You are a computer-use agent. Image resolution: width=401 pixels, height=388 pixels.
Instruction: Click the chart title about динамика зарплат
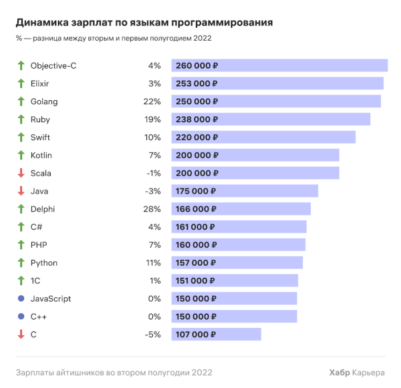pos(144,23)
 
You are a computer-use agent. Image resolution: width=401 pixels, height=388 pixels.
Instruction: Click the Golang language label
pos(44,102)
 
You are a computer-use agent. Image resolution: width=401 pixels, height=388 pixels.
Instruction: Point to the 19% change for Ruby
pos(153,120)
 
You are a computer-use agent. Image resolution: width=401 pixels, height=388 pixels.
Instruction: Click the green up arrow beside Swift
pos(21,138)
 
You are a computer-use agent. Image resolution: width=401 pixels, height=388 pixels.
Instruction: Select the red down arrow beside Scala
pos(21,173)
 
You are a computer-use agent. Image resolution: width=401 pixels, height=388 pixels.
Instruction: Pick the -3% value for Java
pos(153,191)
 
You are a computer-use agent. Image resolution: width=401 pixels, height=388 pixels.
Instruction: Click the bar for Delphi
pos(241,209)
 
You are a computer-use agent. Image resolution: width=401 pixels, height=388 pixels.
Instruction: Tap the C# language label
pos(37,227)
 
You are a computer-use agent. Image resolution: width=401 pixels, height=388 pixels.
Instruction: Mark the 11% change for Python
pos(154,263)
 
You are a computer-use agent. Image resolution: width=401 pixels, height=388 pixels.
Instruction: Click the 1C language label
pos(36,281)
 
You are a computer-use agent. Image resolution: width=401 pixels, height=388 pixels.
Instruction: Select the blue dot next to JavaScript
pos(21,299)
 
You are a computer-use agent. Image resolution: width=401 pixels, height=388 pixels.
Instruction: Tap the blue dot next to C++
pos(21,317)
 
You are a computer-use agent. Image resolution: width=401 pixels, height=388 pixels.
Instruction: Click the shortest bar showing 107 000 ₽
pos(216,335)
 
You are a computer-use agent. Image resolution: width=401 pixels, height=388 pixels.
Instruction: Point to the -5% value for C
pos(153,335)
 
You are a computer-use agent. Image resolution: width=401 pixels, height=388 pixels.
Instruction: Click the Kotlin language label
pos(41,155)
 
